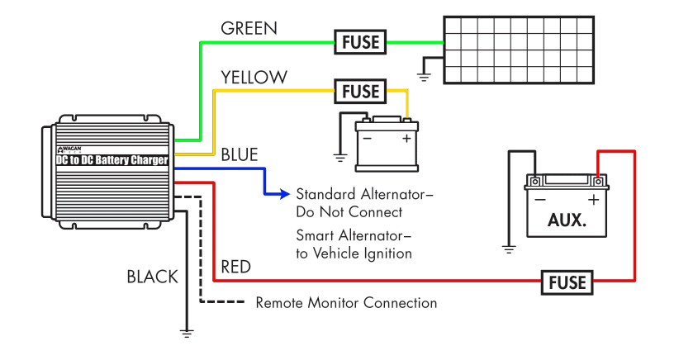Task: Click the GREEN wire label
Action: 249,28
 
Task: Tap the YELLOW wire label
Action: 254,78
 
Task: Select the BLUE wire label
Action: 240,154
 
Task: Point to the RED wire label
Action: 236,267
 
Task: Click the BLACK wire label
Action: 152,277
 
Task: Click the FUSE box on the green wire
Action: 360,41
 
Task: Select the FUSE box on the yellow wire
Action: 360,91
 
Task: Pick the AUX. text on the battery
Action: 566,221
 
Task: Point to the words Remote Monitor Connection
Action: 346,303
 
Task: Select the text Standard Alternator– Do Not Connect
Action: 364,203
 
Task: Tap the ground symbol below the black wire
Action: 187,333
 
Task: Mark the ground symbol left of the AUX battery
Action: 509,247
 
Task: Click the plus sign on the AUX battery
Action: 593,199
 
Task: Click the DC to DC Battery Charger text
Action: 112,160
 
